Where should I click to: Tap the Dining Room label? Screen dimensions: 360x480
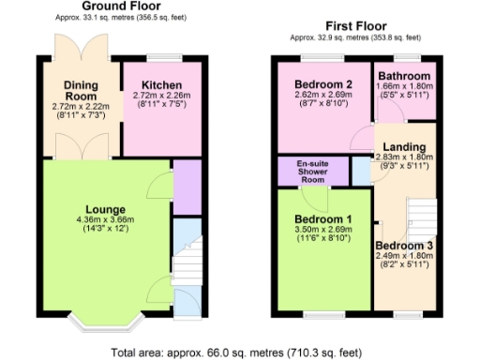pyautogui.click(x=81, y=91)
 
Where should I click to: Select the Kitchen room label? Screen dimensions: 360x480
pyautogui.click(x=160, y=84)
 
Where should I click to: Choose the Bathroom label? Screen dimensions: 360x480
pyautogui.click(x=404, y=76)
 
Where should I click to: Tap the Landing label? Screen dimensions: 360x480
pyautogui.click(x=404, y=148)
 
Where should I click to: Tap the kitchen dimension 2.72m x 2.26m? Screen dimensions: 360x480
pyautogui.click(x=161, y=96)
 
